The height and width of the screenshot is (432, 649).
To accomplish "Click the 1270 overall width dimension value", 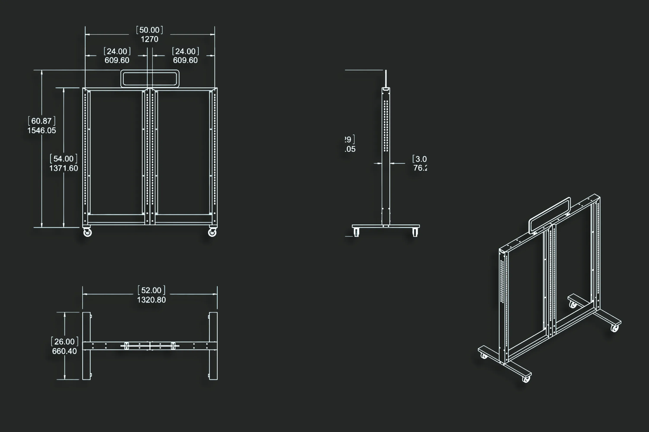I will (x=149, y=39).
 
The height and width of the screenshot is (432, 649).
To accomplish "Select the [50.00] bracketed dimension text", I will (x=149, y=30).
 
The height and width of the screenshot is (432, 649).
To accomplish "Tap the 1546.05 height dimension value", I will (x=42, y=130).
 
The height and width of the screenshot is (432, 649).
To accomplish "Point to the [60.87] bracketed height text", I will (x=42, y=121).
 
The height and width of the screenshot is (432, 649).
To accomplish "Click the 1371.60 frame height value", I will (x=64, y=168).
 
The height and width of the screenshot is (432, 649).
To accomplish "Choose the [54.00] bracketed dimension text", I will (x=64, y=159).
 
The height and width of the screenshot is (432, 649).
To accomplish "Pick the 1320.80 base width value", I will (x=151, y=300).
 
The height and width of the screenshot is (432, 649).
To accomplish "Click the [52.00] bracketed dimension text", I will (x=151, y=290).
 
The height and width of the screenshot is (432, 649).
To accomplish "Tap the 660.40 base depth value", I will (x=64, y=351).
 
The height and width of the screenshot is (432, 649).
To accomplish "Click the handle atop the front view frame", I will (x=150, y=79).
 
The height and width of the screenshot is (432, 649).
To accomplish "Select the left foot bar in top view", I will (x=86, y=346).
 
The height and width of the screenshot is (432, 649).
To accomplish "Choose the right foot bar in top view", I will (x=213, y=346).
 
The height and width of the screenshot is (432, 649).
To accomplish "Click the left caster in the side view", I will (x=357, y=232).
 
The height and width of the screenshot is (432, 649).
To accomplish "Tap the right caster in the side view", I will (x=415, y=232).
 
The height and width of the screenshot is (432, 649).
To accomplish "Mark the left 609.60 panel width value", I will (x=117, y=60).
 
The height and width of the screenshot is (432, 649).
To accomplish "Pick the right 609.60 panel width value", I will (x=185, y=60).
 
